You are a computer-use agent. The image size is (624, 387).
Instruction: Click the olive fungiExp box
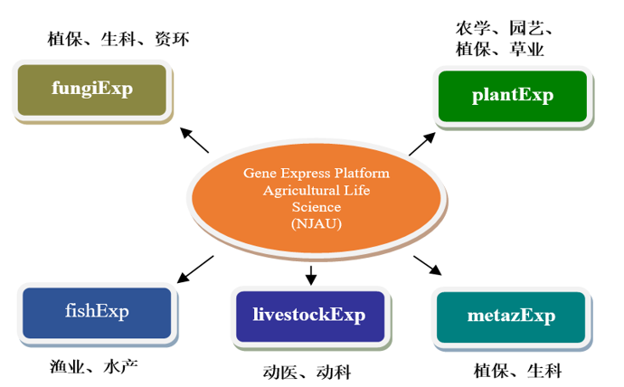point(92,90)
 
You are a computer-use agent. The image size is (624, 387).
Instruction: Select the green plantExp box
point(512,96)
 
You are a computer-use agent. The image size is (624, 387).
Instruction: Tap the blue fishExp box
point(97,313)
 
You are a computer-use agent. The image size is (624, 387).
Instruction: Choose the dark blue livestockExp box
point(308,316)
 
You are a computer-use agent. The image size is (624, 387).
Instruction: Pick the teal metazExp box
point(511,316)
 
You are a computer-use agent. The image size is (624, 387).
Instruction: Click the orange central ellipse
point(316,198)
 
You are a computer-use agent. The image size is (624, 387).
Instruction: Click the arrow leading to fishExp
point(195,269)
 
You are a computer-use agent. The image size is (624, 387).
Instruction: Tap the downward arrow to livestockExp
point(311,274)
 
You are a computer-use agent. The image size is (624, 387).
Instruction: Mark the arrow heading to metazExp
point(428,265)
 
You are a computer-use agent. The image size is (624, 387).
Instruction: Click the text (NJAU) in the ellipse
point(316,224)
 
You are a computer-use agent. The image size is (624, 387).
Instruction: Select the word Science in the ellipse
point(316,207)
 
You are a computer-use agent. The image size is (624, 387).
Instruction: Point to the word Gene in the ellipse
point(258,173)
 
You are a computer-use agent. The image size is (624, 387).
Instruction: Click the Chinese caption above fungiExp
point(118,39)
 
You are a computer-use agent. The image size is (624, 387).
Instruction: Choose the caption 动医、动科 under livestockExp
point(307,373)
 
